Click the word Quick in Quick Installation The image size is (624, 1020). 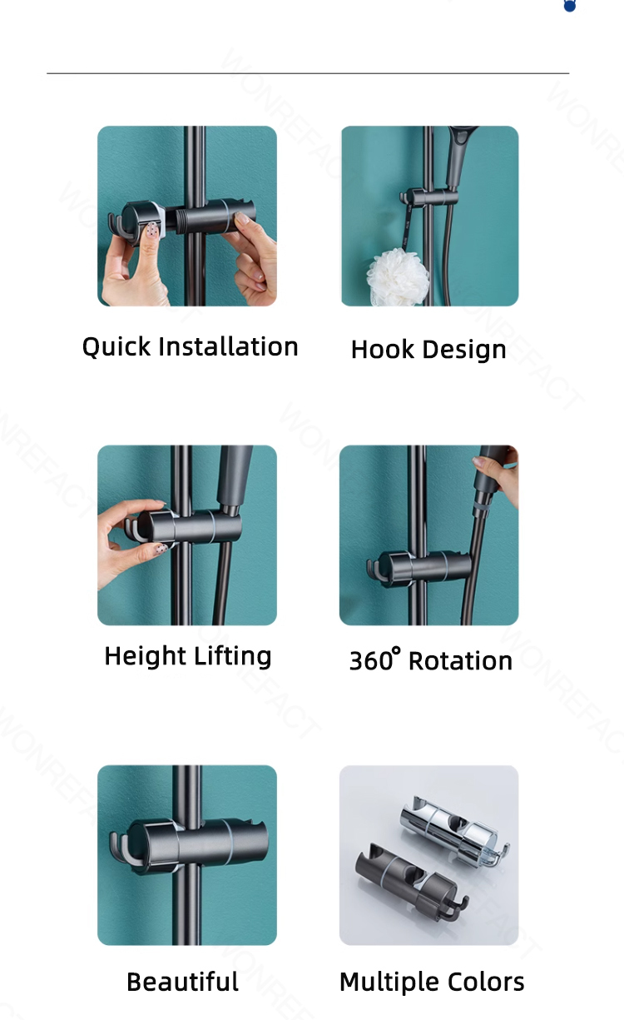click(x=116, y=347)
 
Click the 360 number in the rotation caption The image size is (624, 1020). click(x=371, y=661)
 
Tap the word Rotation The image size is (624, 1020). click(x=460, y=661)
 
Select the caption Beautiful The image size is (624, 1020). click(x=182, y=982)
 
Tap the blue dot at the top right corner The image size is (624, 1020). click(x=570, y=6)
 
